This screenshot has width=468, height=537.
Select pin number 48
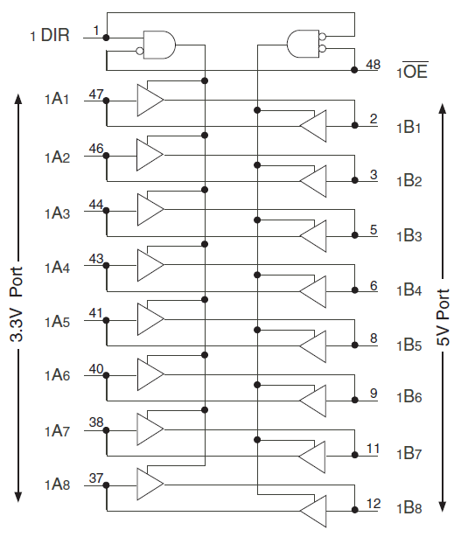(x=374, y=64)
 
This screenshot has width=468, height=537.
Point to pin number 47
(x=96, y=92)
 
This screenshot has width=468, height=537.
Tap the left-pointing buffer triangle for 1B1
(x=313, y=127)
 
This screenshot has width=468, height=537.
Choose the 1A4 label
(x=58, y=268)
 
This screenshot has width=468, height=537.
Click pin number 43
(x=96, y=259)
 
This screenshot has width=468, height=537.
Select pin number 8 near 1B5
(x=374, y=337)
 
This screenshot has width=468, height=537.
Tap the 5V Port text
(x=444, y=317)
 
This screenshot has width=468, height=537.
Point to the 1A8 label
(x=58, y=485)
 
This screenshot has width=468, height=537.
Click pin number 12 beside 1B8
(x=374, y=503)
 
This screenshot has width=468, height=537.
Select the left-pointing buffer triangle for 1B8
(x=313, y=512)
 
